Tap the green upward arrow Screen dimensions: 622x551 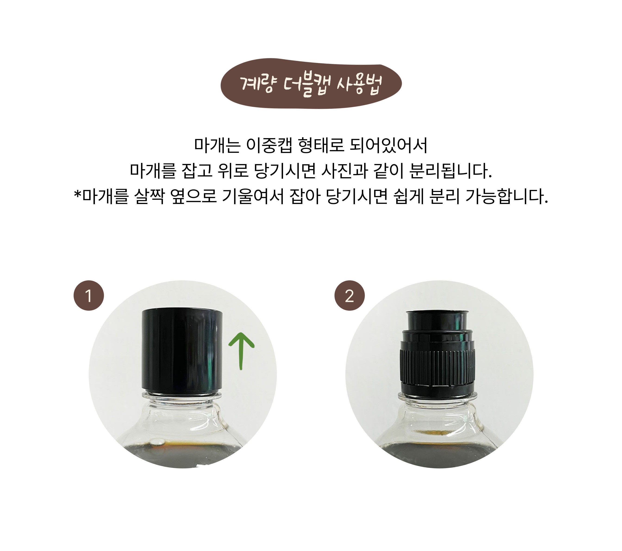(x=241, y=351)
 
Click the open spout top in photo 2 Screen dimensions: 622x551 (x=437, y=313)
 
